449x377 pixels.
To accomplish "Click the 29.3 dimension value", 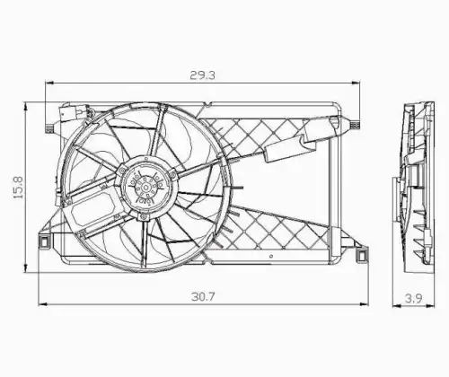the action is (202, 75).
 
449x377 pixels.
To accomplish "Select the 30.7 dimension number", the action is (203, 296).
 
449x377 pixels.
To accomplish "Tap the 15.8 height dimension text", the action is (18, 188).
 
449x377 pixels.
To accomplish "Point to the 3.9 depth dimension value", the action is (413, 298).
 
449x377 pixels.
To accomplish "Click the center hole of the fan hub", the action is (145, 188).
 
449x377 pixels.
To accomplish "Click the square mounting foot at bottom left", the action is (44, 241).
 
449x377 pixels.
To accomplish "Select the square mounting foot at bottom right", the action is (362, 255).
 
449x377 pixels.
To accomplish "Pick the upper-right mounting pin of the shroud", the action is (355, 125).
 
